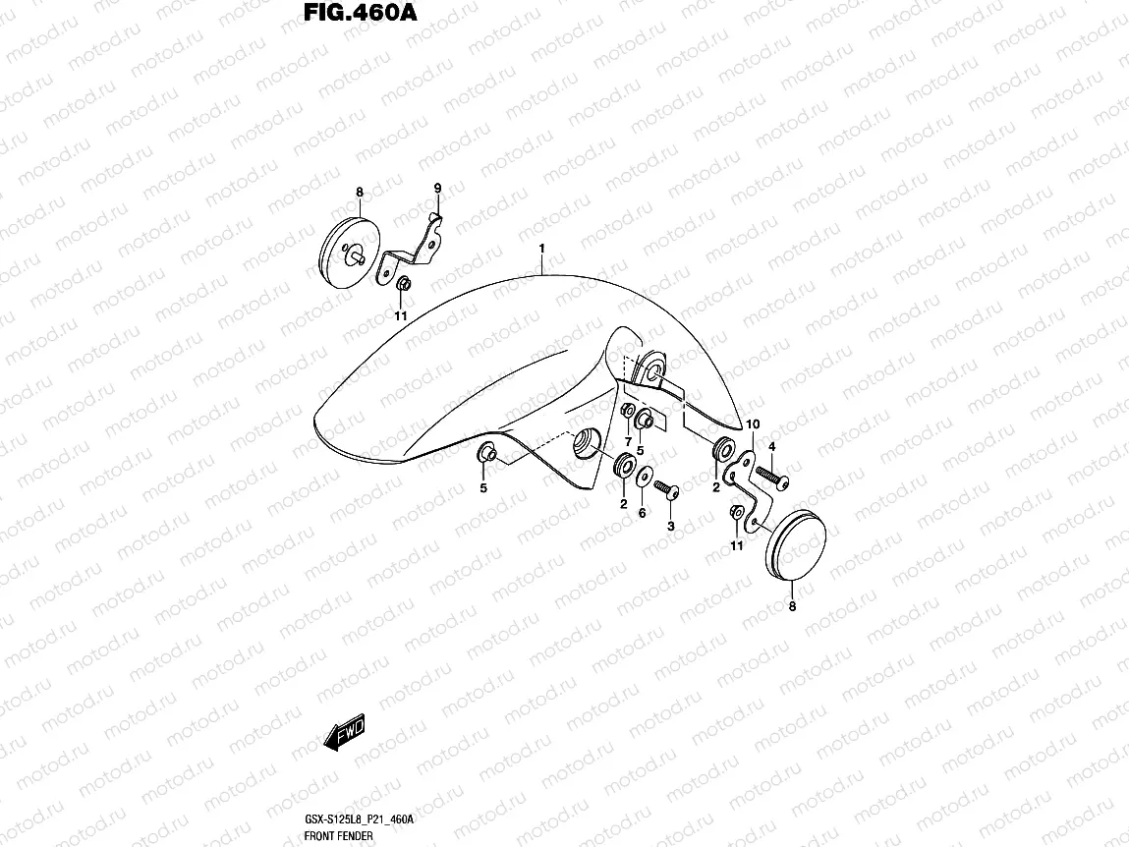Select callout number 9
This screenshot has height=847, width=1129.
[x=438, y=188]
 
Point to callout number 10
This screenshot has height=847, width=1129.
[x=753, y=424]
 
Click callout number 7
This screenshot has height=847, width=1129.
[x=628, y=441]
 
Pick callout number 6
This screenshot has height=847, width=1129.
[x=642, y=512]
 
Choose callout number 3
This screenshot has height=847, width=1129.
[x=671, y=527]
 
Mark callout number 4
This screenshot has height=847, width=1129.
[x=772, y=447]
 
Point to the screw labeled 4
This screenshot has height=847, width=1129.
[x=770, y=479]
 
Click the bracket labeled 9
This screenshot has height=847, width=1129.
[x=419, y=246]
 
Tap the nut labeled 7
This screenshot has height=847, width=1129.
[x=628, y=411]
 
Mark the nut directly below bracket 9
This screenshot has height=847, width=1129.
[x=403, y=284]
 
